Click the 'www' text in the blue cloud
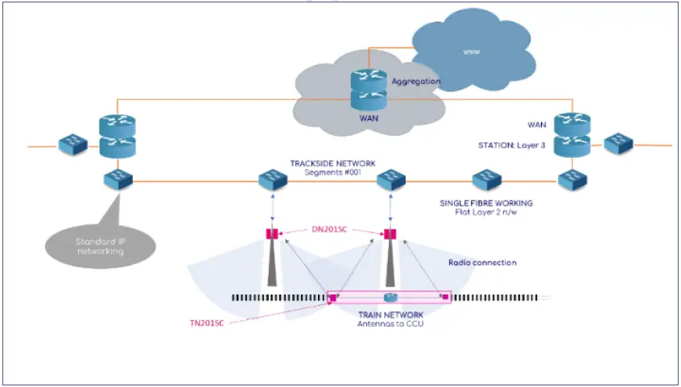(471, 51)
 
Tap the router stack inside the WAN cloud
(369, 89)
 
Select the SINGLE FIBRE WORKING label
(487, 204)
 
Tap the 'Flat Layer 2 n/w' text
(487, 213)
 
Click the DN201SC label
(330, 230)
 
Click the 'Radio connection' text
(482, 262)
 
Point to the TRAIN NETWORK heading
(390, 315)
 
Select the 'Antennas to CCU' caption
(390, 323)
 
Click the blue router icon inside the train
(390, 297)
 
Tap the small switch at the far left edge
(72, 146)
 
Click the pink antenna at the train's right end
(444, 298)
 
